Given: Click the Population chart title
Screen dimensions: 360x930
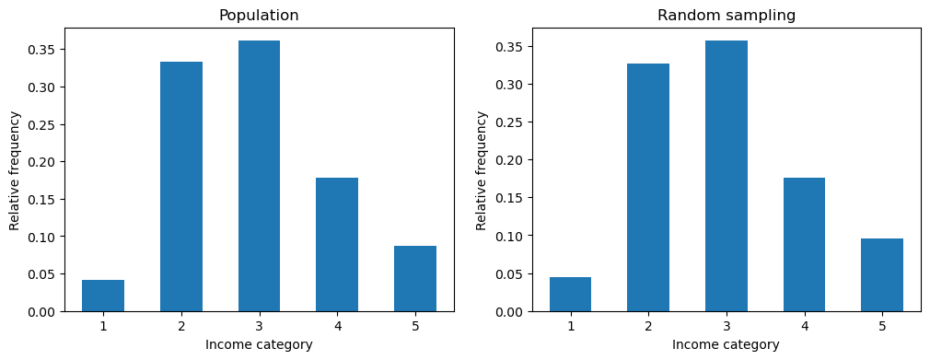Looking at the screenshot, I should click(259, 16).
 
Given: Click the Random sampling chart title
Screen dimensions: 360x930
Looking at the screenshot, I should click(726, 16).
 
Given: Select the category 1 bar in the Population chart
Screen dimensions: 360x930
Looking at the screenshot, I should click(103, 296).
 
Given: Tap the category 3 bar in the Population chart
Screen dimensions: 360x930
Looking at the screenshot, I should click(259, 176).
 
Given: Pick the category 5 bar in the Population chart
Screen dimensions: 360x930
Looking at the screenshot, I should click(415, 279).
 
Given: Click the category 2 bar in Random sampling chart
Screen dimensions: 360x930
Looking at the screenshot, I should click(648, 188).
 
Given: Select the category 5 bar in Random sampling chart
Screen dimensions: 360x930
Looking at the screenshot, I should click(882, 275).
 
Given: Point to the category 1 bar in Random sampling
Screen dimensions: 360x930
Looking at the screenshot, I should click(570, 295).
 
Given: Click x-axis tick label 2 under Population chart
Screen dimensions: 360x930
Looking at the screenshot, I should click(181, 325).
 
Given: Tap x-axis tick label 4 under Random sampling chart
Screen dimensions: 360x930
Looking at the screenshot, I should click(804, 325).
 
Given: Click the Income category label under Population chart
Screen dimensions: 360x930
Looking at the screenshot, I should click(259, 344).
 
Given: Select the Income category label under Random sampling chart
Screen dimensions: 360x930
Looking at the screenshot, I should click(726, 344).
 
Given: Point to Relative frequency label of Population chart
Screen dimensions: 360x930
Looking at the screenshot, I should click(15, 170).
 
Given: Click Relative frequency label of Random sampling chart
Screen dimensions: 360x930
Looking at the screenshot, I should click(482, 170).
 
